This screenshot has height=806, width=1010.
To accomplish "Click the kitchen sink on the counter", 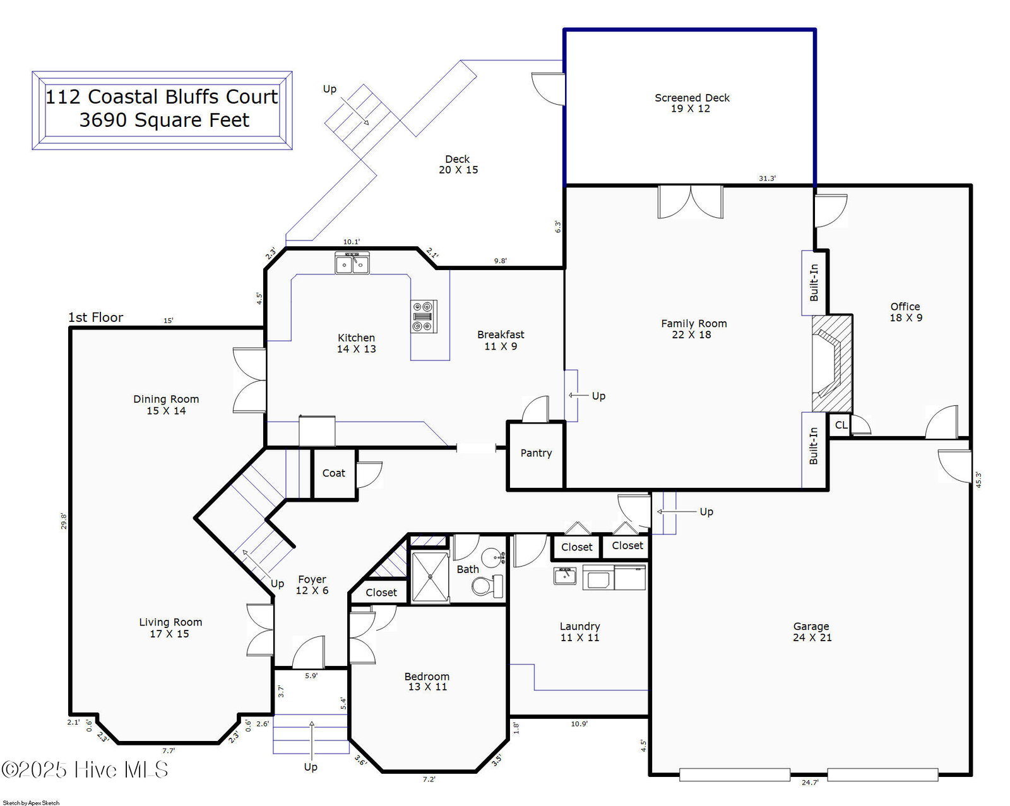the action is [x=352, y=263].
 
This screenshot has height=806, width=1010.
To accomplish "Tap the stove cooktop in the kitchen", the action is [x=424, y=317].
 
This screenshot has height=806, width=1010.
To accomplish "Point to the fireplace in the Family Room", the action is [x=832, y=364].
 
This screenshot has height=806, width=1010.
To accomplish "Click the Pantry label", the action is [x=536, y=453].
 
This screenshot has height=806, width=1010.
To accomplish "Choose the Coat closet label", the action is [x=334, y=473].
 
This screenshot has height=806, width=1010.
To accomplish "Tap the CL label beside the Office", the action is [x=841, y=425].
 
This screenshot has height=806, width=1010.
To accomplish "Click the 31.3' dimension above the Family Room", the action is [x=768, y=179].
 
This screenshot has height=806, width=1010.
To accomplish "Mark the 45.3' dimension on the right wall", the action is [x=978, y=480].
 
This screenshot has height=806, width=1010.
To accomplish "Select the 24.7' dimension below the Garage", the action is [x=810, y=783].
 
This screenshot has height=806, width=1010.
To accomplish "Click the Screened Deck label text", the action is [x=692, y=98].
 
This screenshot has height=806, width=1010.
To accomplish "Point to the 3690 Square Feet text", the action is [x=164, y=120].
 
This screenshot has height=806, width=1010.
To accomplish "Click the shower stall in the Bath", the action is [x=431, y=577].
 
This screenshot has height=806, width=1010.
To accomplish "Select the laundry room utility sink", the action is [x=565, y=576].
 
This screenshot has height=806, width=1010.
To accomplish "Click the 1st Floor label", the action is [x=96, y=318].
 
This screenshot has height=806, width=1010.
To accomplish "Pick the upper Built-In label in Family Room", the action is [x=814, y=283].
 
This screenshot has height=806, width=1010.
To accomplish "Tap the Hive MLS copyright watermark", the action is [x=85, y=770].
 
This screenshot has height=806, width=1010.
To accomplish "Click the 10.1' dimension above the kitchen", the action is [x=352, y=242].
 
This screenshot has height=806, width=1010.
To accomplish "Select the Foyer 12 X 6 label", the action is [x=312, y=585].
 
